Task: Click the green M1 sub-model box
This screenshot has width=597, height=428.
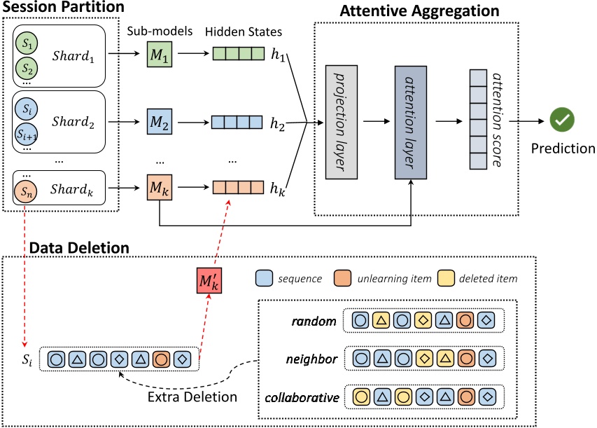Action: [x=159, y=55]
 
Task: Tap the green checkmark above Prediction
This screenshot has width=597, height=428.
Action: [x=561, y=120]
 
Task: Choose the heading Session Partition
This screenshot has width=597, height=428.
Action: [x=63, y=8]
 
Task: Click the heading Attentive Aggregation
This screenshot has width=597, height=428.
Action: [x=419, y=12]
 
